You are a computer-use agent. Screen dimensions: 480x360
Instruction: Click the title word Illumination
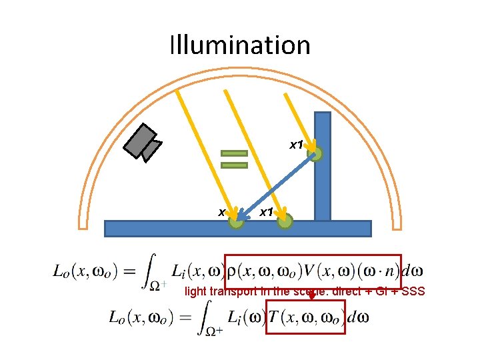pos(240,45)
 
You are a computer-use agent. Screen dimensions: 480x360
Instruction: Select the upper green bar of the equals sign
pos(234,153)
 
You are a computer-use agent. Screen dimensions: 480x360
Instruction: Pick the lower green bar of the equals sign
pos(234,165)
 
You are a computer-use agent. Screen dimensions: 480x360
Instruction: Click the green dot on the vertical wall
pos(315,155)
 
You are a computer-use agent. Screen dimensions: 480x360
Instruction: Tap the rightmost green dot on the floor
pos(285,220)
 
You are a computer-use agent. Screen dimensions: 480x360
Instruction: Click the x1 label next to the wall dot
pos(296,144)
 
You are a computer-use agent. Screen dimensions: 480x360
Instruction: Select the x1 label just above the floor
pos(266,212)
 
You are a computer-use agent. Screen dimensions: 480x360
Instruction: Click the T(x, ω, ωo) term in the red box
pos(306,317)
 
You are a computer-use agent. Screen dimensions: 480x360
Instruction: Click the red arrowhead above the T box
pos(311,295)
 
